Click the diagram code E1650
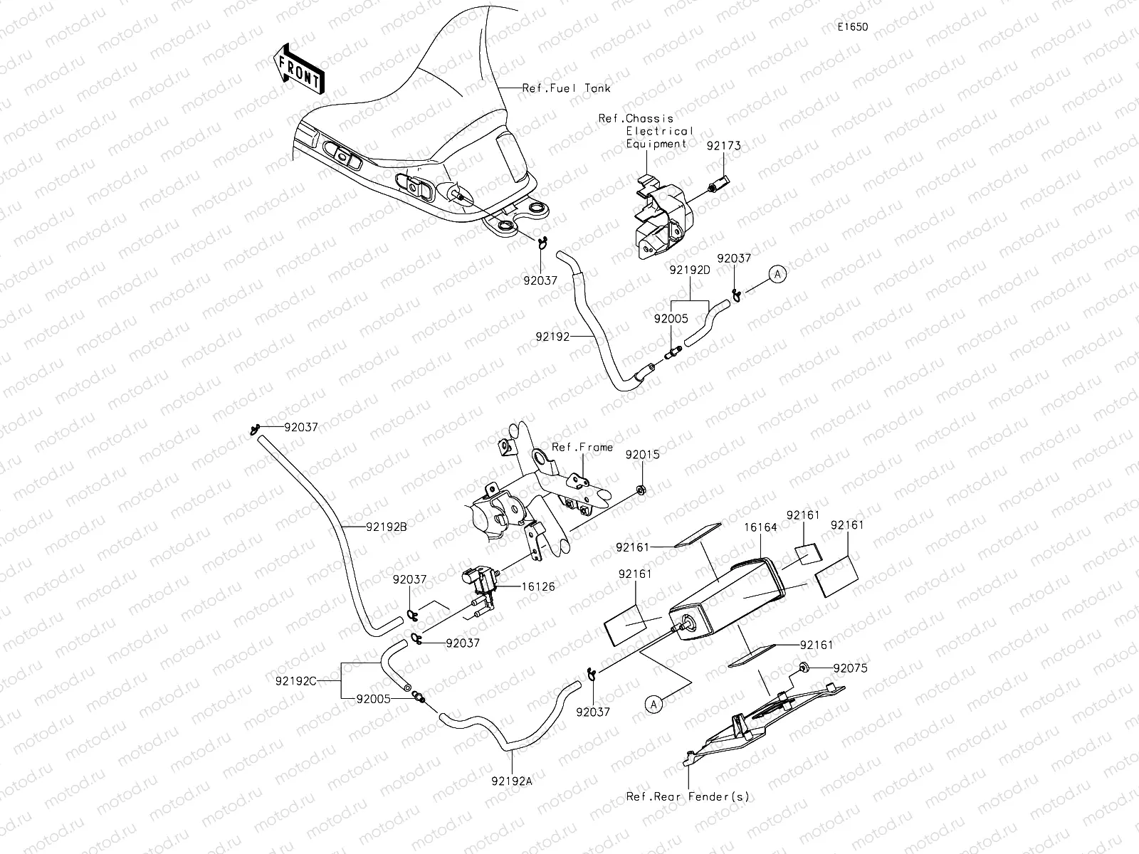852,27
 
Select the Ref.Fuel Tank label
566,88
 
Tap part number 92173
723,145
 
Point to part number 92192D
690,270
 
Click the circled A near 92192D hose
777,274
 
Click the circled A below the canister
655,703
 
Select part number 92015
642,453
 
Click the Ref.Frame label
582,447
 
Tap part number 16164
760,527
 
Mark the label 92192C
295,680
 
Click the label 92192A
512,780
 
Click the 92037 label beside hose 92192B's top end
300,427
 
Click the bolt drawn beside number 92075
803,667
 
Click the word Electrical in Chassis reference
659,131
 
